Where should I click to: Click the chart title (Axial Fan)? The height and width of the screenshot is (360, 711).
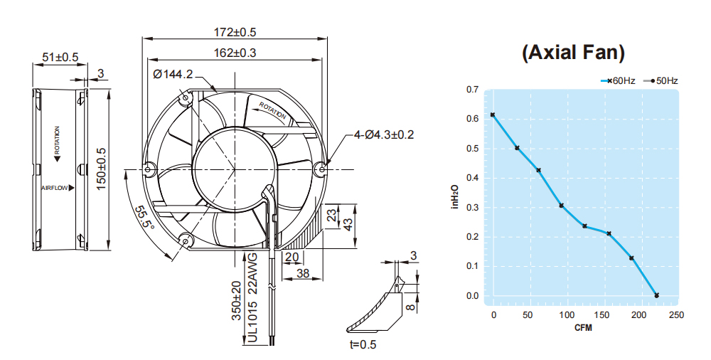(573, 53)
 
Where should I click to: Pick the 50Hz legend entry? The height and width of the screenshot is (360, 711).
(661, 81)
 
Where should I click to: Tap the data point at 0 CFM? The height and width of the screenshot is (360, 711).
(493, 115)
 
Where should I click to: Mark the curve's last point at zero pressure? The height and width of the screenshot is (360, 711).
(656, 295)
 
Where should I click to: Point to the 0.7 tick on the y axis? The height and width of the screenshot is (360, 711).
(472, 90)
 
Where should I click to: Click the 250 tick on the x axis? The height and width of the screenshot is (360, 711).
(676, 315)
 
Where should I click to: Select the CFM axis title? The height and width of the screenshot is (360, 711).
(583, 328)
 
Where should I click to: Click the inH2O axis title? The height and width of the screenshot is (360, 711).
(455, 196)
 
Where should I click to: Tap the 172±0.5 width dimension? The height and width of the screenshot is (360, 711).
(235, 32)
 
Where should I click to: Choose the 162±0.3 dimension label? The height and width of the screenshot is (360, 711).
(235, 53)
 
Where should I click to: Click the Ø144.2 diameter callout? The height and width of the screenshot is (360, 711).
(173, 74)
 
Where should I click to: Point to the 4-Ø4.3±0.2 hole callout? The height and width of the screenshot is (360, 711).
(384, 135)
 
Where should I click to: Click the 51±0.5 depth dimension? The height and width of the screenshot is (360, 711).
(60, 57)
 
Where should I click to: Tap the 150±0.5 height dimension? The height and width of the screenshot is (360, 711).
(101, 169)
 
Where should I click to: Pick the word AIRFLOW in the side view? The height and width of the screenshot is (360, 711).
(55, 188)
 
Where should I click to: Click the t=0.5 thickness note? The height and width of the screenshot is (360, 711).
(363, 344)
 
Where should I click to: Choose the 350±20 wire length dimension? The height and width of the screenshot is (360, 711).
(237, 300)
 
